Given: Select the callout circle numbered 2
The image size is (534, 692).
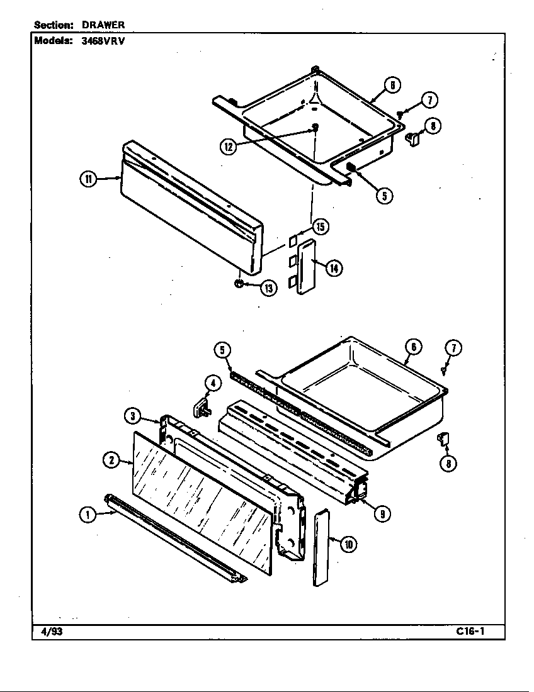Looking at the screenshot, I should (x=111, y=460).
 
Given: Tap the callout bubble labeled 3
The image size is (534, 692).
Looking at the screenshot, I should (x=131, y=416).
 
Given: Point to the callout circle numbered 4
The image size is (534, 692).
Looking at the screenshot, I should (x=212, y=383).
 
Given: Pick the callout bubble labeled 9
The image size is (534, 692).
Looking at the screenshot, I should (x=380, y=514).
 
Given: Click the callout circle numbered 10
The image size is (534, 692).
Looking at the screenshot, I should (x=348, y=544).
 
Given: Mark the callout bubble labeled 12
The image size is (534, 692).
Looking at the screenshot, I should (x=228, y=146).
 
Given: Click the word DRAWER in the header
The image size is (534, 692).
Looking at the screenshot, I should (x=103, y=25).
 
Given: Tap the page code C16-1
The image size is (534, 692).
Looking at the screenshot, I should (x=471, y=632).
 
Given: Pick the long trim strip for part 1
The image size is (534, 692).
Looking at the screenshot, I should (x=176, y=538).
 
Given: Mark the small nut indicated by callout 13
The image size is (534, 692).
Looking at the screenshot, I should (x=239, y=284).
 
